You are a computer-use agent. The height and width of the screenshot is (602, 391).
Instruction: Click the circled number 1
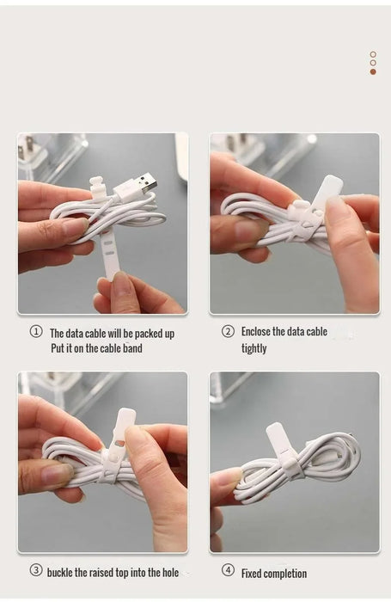pos(36,331)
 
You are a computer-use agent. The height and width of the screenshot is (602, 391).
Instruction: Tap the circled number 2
pos(228,331)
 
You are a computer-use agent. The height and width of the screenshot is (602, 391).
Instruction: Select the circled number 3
pos(36,570)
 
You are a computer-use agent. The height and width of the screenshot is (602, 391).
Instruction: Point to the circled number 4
pos(228,570)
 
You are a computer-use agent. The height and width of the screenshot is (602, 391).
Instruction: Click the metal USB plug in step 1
pos(147,183)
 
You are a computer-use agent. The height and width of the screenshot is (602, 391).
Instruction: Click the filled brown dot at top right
pos(373,71)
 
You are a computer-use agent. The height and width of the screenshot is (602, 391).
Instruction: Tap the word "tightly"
pos(254,348)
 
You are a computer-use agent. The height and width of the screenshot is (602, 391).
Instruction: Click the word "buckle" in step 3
pos(59,573)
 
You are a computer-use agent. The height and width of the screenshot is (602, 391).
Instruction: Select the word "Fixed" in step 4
pos(251,574)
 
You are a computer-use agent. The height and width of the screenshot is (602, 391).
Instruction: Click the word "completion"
pos(285,574)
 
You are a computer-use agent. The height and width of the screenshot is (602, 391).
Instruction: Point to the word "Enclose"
pos(255,331)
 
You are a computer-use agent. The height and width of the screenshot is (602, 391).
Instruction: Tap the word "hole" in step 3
pos(170,573)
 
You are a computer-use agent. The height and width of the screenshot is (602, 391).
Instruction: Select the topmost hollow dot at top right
pos(373,54)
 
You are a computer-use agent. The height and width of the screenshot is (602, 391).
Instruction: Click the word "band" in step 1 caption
pos(132,348)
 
